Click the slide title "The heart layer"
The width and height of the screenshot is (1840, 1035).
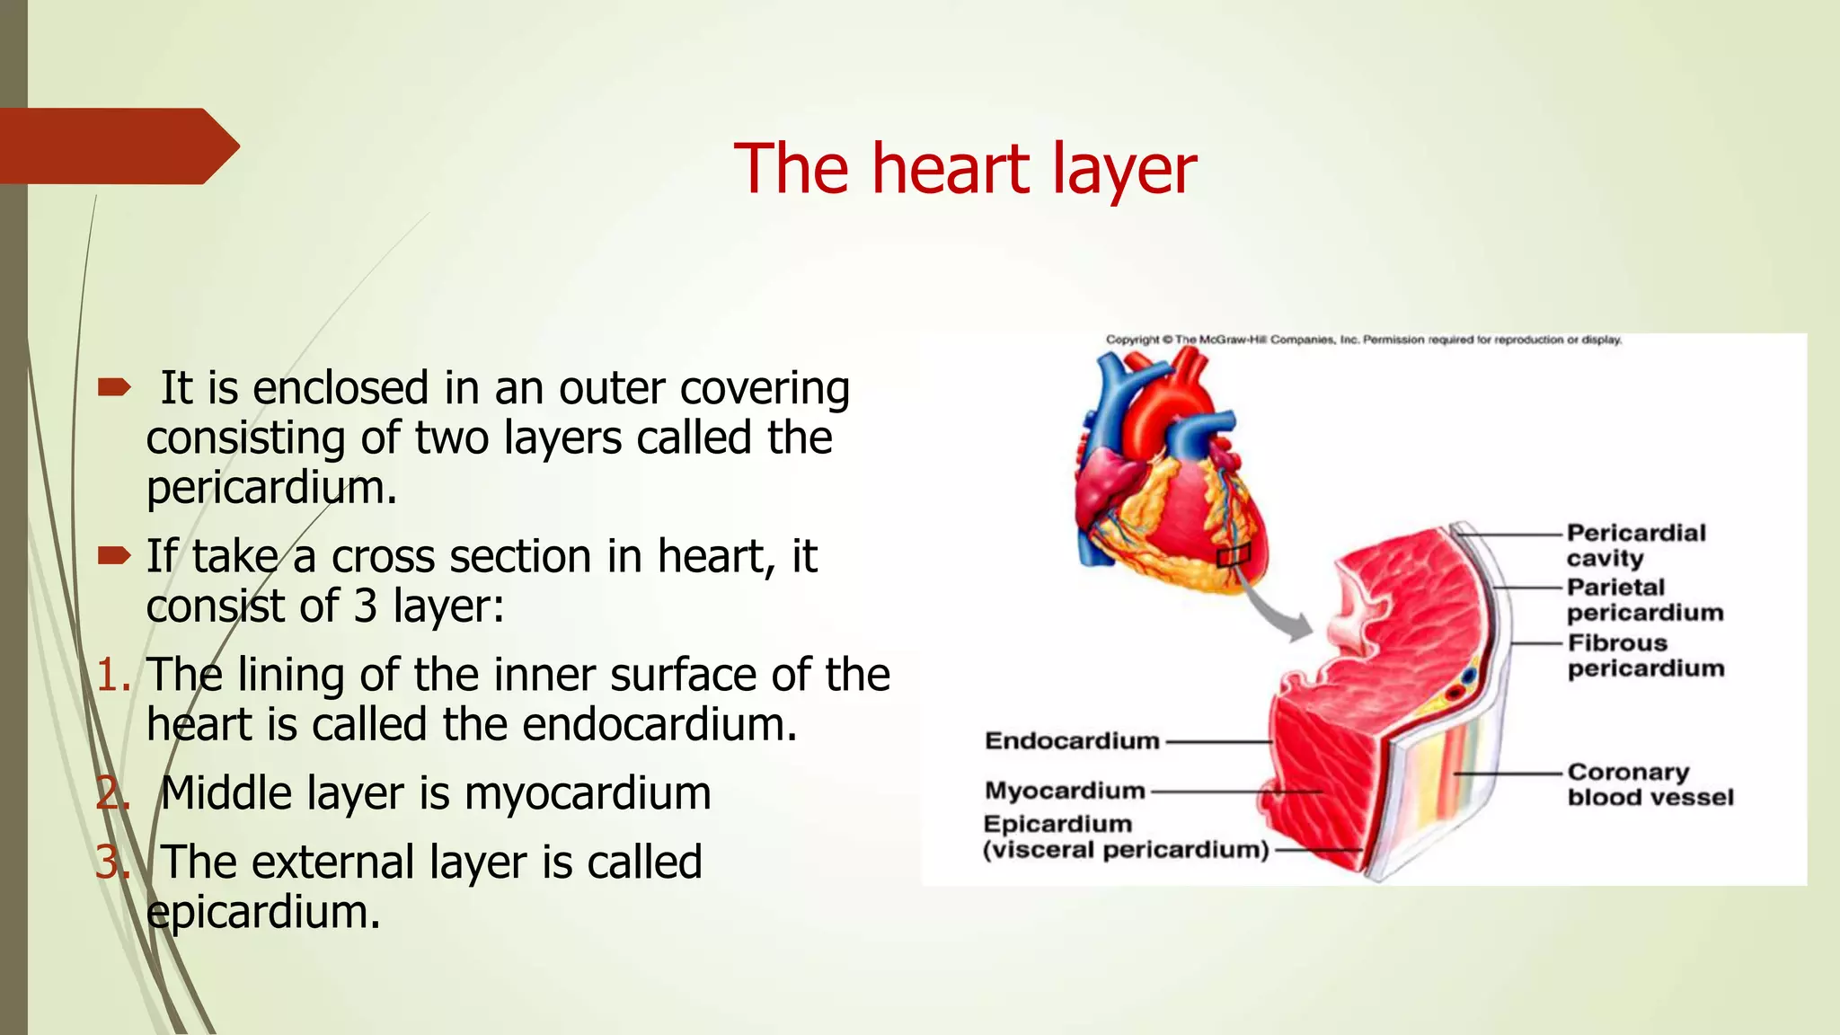pos(964,169)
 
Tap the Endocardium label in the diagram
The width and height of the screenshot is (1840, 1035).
pos(1072,741)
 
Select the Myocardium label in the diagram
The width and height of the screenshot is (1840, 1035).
pos(1065,791)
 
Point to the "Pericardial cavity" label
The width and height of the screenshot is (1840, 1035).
pos(1634,545)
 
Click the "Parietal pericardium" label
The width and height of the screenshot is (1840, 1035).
pos(1644,600)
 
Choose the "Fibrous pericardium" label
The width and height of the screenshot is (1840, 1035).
pos(1645,656)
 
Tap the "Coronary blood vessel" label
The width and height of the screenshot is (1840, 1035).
pos(1650,784)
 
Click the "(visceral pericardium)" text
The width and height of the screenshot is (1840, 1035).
pos(1125,850)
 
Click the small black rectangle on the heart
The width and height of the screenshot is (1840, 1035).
pos(1234,556)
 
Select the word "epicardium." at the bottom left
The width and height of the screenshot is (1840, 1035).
pos(263,913)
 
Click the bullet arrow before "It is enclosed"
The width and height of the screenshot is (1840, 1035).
pos(114,388)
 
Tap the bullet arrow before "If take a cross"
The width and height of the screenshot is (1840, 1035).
pos(114,556)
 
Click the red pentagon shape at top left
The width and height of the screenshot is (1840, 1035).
pos(117,146)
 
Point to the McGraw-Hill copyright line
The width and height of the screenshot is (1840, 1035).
pos(1363,340)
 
